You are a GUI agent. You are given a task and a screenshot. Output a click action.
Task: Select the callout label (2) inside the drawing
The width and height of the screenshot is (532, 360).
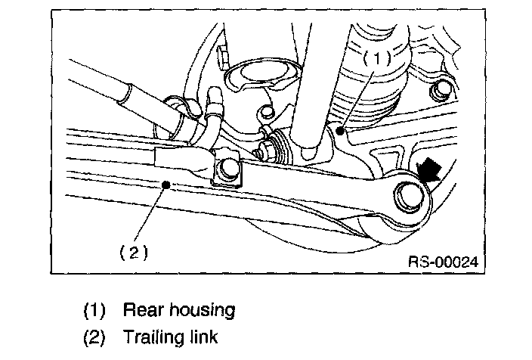click(133, 252)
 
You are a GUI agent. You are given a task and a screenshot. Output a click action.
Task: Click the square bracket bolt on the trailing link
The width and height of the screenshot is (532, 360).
click(227, 171)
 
